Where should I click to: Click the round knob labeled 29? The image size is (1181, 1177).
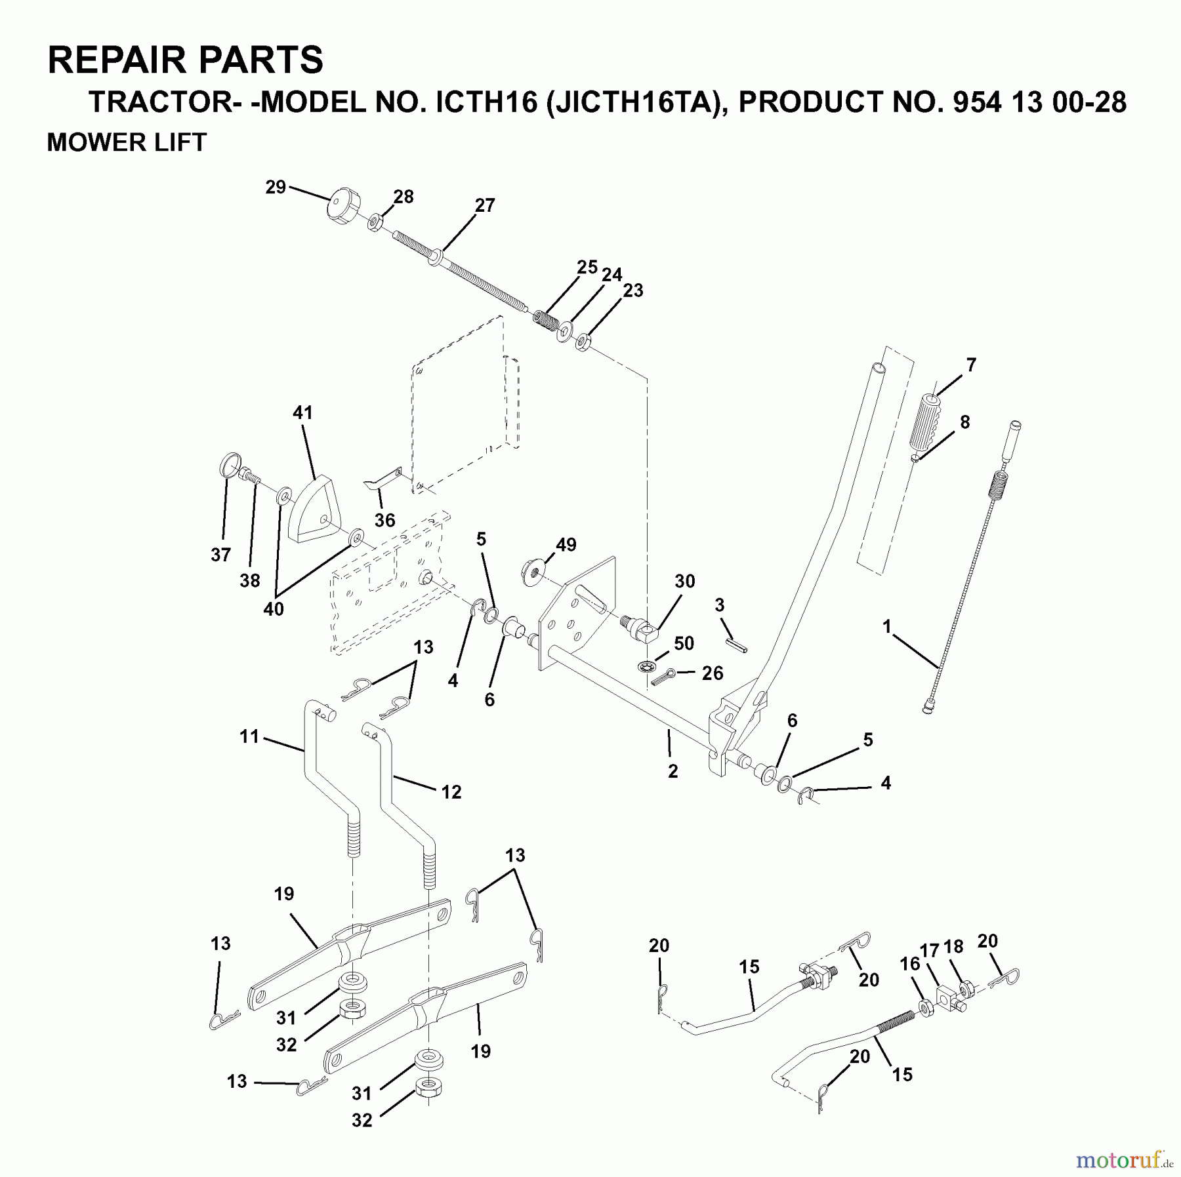[x=342, y=205]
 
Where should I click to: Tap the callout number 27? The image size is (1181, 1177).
[x=484, y=205]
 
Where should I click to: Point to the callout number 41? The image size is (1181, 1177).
[x=302, y=412]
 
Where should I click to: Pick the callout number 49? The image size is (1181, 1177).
[x=566, y=544]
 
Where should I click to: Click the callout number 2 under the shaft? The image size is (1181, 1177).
[x=673, y=771]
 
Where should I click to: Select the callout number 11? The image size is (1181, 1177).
[x=249, y=736]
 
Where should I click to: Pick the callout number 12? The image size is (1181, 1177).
[x=451, y=791]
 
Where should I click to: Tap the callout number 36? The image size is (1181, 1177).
[x=384, y=520]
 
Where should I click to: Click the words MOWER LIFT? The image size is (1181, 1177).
[x=127, y=142]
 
